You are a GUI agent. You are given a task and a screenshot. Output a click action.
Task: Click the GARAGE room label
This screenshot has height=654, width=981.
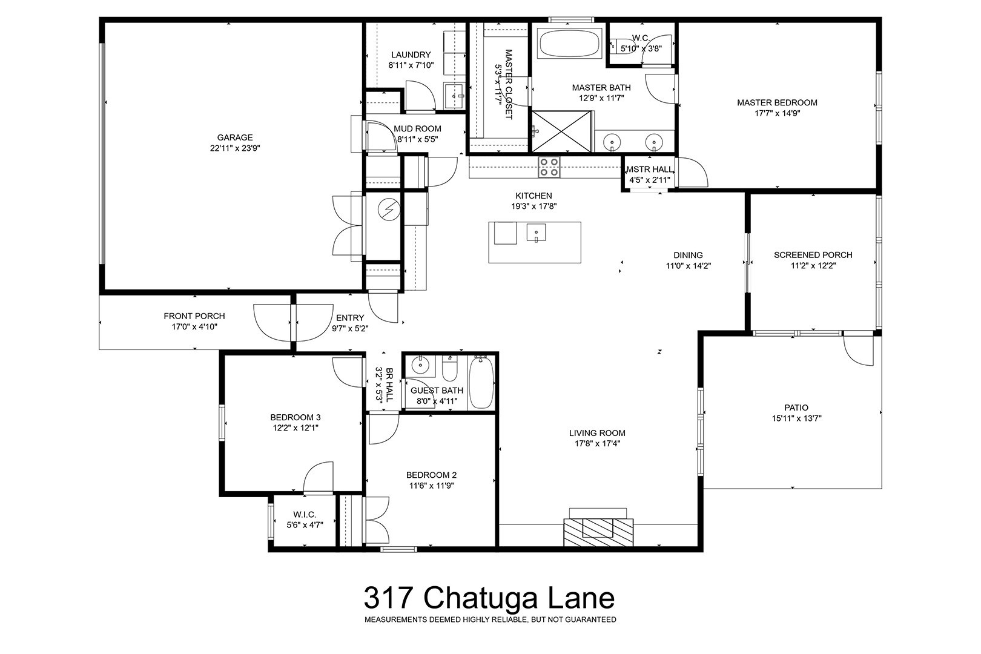pyautogui.click(x=235, y=137)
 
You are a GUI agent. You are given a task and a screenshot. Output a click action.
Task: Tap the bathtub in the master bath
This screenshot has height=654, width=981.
pyautogui.click(x=569, y=43)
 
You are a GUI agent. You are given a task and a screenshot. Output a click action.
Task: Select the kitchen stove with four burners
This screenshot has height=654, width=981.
pyautogui.click(x=549, y=167)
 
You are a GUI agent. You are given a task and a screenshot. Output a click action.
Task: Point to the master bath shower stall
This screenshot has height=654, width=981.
pyautogui.click(x=561, y=131)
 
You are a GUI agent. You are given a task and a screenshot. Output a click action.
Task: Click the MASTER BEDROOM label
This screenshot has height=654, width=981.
pyautogui.click(x=777, y=103)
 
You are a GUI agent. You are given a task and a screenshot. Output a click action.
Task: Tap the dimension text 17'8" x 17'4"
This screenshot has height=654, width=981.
pyautogui.click(x=597, y=444)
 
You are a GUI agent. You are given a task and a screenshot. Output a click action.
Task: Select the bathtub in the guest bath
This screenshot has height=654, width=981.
pyautogui.click(x=481, y=382)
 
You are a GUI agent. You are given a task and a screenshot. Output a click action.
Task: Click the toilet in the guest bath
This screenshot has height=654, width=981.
pyautogui.click(x=449, y=369)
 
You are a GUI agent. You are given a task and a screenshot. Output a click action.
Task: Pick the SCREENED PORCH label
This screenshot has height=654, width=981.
pyautogui.click(x=813, y=255)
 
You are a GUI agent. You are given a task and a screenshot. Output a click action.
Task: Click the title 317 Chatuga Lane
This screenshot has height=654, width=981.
pyautogui.click(x=489, y=598)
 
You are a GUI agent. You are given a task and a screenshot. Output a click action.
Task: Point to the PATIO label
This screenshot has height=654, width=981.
pyautogui.click(x=796, y=408)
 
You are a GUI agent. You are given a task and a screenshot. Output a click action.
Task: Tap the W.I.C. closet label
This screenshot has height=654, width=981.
pyautogui.click(x=305, y=515)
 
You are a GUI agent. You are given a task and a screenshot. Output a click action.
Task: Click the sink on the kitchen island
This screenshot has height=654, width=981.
pyautogui.click(x=536, y=233)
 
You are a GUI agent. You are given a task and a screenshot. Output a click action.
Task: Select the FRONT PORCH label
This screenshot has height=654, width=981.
pyautogui.click(x=194, y=316)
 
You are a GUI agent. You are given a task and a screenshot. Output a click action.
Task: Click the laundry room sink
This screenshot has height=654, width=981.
pyautogui.click(x=454, y=96)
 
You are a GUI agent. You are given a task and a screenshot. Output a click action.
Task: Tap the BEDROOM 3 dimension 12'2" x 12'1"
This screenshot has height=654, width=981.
pyautogui.click(x=296, y=428)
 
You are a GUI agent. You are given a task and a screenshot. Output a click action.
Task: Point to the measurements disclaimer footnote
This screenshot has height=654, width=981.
pyautogui.click(x=490, y=620)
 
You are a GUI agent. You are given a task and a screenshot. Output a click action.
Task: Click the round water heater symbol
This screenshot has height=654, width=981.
pyautogui.click(x=389, y=210)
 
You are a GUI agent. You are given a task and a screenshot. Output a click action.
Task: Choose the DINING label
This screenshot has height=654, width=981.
pyautogui.click(x=688, y=256)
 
